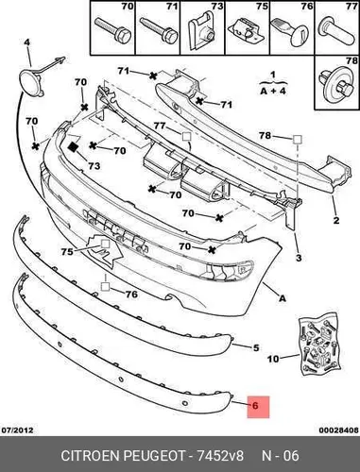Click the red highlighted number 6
pos(255,406)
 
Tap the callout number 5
pos(256,347)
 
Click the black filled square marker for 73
pos(74,147)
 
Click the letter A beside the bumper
pos(283,297)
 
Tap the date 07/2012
pos(18,430)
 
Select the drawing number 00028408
pos(338,430)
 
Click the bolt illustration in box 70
pos(112,30)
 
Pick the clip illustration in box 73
pos(201,31)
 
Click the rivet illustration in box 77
pos(336,31)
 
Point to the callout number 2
pos(336,220)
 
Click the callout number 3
pos(299,258)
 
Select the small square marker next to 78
pos(298,140)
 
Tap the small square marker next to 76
pos(105,286)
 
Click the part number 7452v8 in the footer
pos(220,456)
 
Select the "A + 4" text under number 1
pos(273,91)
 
